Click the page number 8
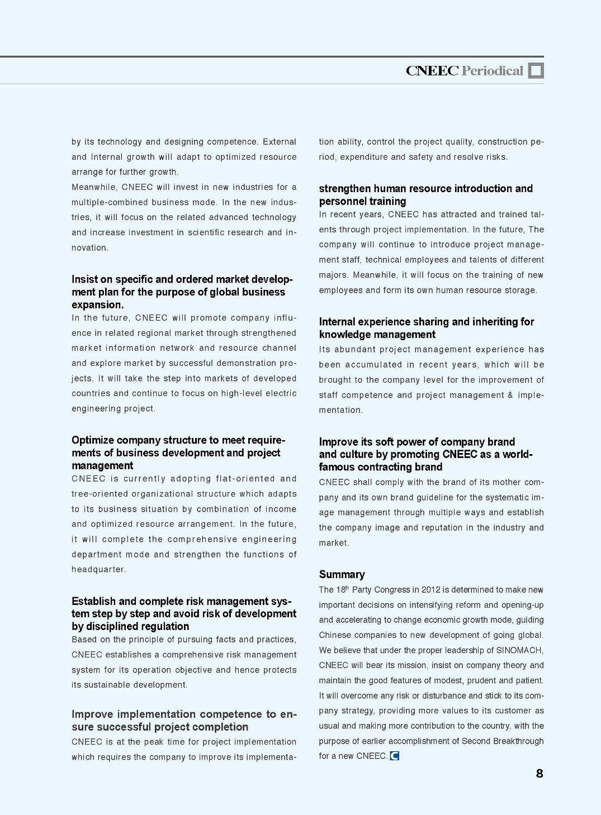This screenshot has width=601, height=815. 540,774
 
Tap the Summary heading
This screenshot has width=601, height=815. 342,574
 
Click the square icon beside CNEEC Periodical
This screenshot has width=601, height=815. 536,70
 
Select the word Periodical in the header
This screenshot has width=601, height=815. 493,70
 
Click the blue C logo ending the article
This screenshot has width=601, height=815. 395,756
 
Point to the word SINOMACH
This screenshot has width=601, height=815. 519,650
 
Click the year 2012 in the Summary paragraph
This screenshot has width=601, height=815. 430,590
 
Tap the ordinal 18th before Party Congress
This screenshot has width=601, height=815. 342,589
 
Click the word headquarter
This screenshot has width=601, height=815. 98,569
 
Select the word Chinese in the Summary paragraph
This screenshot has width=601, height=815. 335,635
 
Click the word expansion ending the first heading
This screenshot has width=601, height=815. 97,305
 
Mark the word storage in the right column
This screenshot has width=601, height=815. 519,290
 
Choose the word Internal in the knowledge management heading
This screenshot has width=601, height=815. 337,322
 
